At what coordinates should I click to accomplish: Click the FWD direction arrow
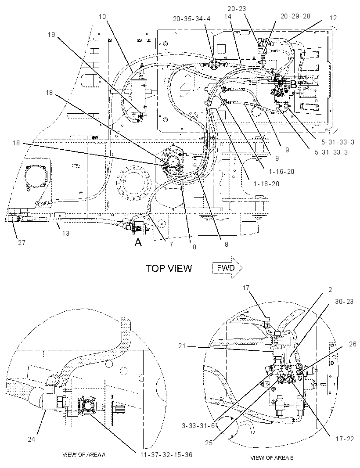coord(227,268)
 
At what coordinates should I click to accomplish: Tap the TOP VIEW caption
coord(169,268)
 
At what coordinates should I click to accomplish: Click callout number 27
coord(22,243)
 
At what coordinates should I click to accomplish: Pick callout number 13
coord(65,233)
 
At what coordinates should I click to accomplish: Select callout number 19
coord(51,35)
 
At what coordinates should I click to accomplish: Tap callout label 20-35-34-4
coord(192,19)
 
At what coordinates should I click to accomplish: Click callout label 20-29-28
coord(295,16)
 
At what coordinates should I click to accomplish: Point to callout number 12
coord(333,18)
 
